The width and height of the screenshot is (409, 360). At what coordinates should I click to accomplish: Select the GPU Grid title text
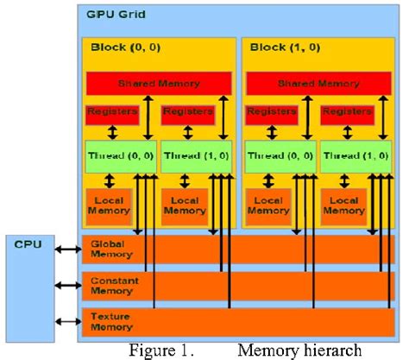point(114,15)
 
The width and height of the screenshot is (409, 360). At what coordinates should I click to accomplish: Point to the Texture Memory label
point(112,322)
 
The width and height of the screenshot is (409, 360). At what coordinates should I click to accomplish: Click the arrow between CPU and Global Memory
point(66,250)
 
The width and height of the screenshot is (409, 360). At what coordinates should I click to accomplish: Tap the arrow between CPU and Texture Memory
point(66,322)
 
